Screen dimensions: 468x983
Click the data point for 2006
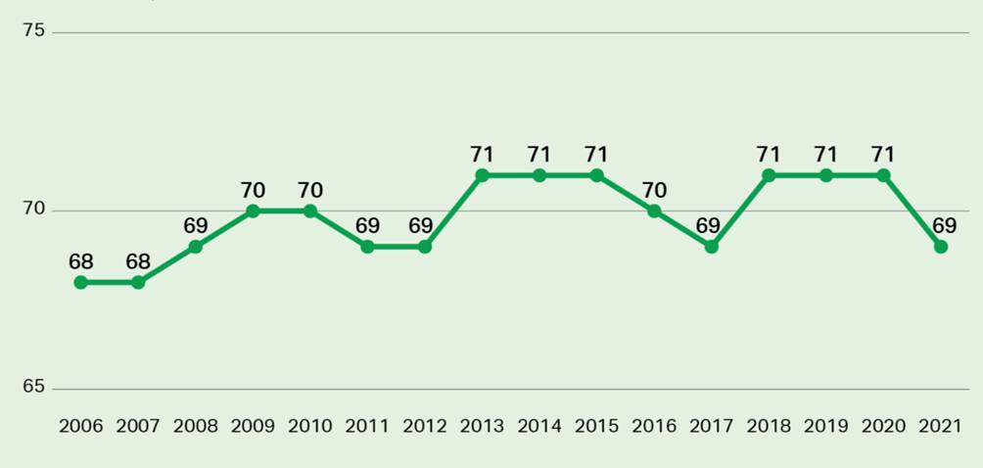(80, 282)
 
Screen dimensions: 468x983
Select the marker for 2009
(253, 211)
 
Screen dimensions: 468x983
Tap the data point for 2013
(482, 175)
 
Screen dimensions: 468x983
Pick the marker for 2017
(712, 247)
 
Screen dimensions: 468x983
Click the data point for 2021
(941, 247)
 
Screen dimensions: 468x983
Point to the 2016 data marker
(654, 211)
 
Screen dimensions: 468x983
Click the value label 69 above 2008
(195, 226)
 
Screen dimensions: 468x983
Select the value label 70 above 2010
(310, 190)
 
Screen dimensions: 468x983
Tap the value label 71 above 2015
(596, 155)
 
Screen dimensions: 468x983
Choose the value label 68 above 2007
(138, 261)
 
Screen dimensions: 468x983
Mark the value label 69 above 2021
(945, 226)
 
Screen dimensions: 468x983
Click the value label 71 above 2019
(826, 155)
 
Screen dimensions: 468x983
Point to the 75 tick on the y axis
(34, 31)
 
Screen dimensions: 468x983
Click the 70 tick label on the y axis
(34, 210)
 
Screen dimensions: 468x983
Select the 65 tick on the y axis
(34, 388)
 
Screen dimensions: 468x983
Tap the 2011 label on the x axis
(367, 426)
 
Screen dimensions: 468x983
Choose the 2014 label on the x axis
(539, 426)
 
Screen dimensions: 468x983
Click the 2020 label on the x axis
(883, 426)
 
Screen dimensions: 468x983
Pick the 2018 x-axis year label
(769, 426)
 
